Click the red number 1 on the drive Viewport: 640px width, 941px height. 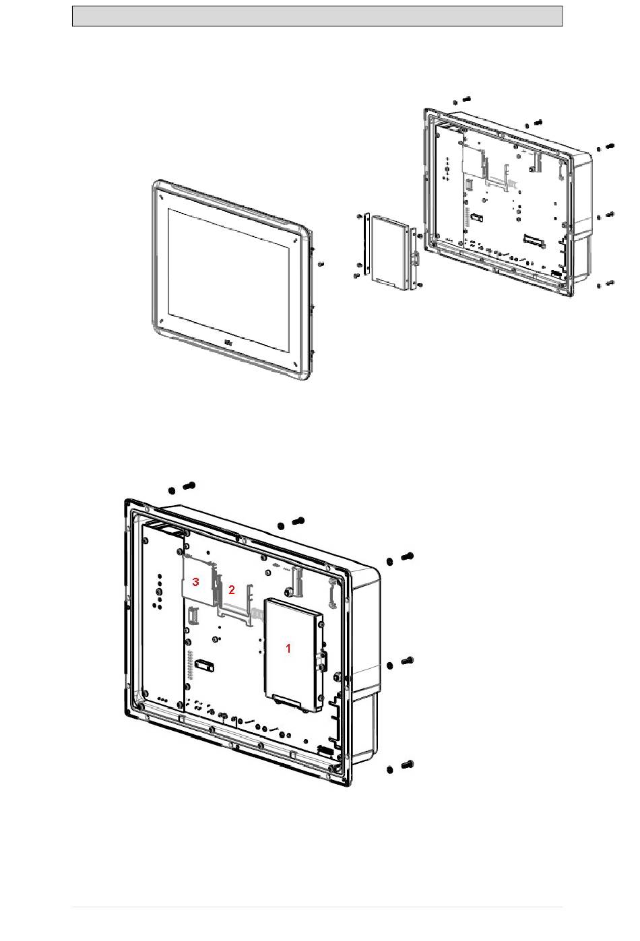point(288,648)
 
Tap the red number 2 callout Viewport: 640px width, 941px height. point(232,589)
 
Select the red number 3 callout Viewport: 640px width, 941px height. point(195,581)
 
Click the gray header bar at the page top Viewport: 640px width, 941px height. point(317,16)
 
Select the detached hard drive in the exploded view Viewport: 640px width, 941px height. point(390,253)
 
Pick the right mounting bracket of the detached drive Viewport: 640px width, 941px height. point(413,256)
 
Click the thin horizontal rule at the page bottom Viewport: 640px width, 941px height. point(317,907)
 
